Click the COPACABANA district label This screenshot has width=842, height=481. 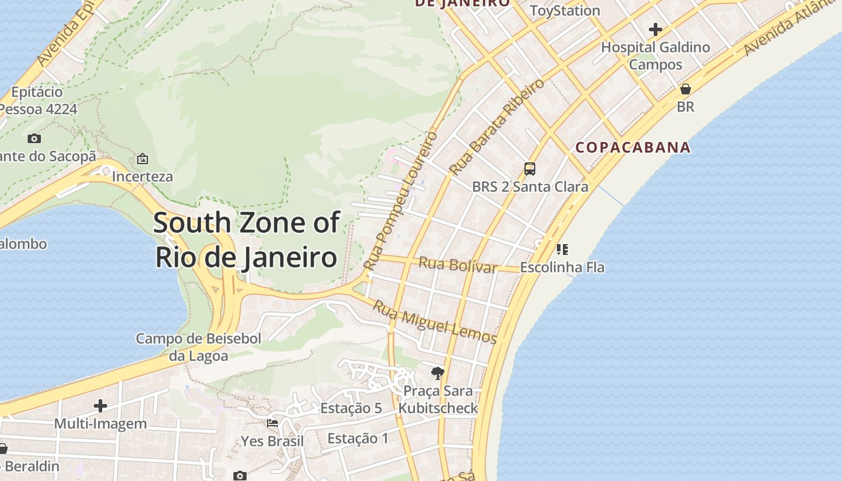click(x=633, y=147)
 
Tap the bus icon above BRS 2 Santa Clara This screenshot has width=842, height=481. click(x=529, y=169)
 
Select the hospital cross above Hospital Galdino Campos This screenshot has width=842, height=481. click(x=656, y=29)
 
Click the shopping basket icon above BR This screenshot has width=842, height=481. click(x=685, y=90)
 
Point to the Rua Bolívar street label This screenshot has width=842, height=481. click(x=458, y=265)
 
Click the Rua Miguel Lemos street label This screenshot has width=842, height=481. click(x=435, y=322)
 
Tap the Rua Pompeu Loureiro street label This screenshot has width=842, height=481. click(x=401, y=201)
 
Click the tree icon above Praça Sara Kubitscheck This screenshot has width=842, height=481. click(x=438, y=373)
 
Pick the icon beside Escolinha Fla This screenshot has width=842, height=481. click(x=562, y=249)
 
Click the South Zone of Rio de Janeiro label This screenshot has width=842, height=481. click(x=246, y=239)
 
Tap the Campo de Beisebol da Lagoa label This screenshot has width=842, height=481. click(x=198, y=347)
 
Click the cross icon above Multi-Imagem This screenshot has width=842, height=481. click(x=100, y=406)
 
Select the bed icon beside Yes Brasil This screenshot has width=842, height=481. click(x=272, y=423)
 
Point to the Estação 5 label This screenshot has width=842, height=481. click(x=351, y=408)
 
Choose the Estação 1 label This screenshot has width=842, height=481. click(x=358, y=438)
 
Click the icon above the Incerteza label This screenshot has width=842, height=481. click(x=143, y=159)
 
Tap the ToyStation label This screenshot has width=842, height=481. click(x=565, y=10)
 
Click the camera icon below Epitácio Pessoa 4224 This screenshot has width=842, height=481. click(x=34, y=139)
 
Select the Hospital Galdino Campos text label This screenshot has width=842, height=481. click(x=656, y=55)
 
